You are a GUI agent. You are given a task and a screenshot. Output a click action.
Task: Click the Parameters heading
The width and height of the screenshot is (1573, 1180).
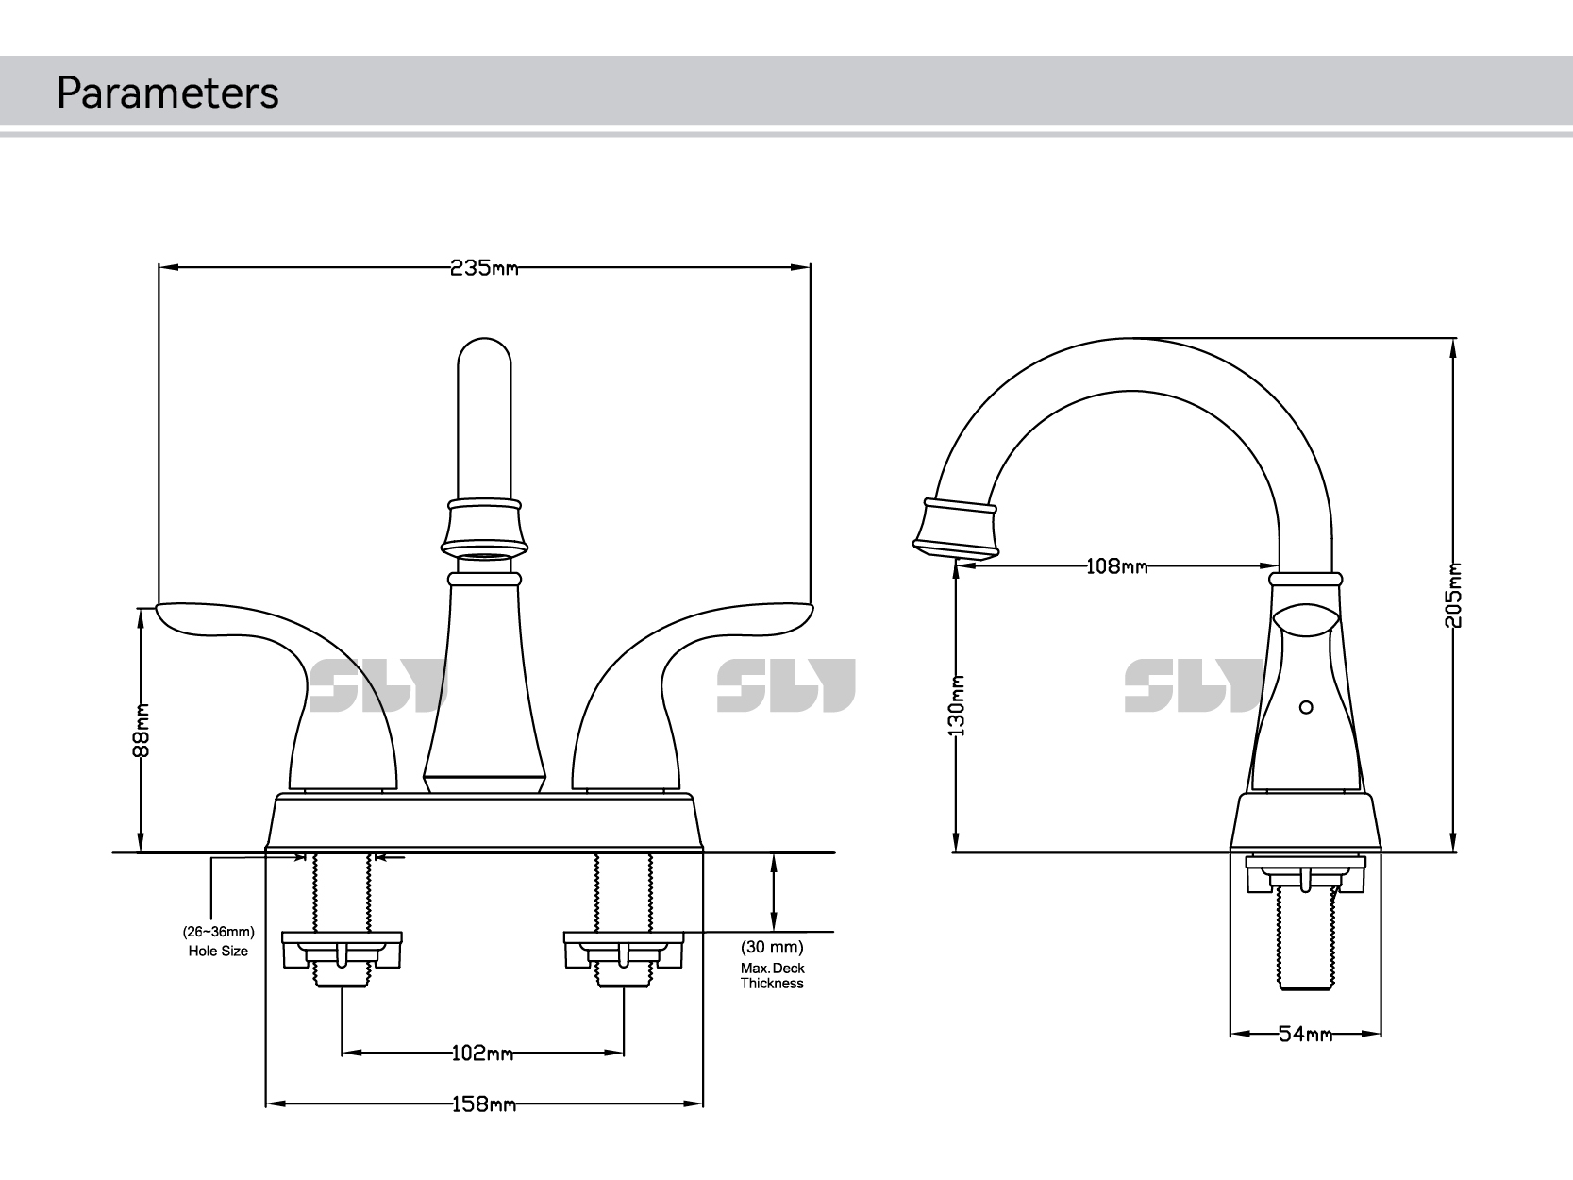pyautogui.click(x=167, y=93)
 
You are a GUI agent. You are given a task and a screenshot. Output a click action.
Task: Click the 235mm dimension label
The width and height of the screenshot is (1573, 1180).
pyautogui.click(x=483, y=268)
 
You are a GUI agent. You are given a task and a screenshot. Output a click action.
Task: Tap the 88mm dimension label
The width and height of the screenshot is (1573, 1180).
pyautogui.click(x=142, y=730)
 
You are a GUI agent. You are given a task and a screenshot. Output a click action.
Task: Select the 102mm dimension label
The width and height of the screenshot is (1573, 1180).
pyautogui.click(x=482, y=1053)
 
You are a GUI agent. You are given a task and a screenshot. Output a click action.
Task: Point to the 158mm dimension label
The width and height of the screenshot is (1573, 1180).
pyautogui.click(x=482, y=1103)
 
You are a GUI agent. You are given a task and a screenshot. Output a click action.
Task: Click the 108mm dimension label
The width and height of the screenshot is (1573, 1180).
pyautogui.click(x=1116, y=566)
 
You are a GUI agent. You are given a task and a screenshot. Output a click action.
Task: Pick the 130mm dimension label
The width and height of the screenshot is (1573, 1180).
pyautogui.click(x=957, y=705)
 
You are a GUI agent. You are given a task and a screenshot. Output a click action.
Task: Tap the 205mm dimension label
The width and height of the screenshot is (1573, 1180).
pyautogui.click(x=1454, y=595)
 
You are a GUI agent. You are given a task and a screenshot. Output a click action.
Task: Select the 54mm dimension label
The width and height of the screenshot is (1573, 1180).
pyautogui.click(x=1305, y=1034)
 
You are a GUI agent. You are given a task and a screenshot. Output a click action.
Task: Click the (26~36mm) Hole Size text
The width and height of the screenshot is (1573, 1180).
pyautogui.click(x=218, y=941)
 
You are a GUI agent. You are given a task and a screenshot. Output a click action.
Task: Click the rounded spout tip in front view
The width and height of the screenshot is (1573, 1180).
pyautogui.click(x=484, y=368)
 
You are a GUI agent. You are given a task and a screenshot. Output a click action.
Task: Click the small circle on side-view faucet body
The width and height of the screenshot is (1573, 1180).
pyautogui.click(x=1306, y=707)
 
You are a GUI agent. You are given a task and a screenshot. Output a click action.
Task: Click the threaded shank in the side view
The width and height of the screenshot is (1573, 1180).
pyautogui.click(x=1305, y=944)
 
